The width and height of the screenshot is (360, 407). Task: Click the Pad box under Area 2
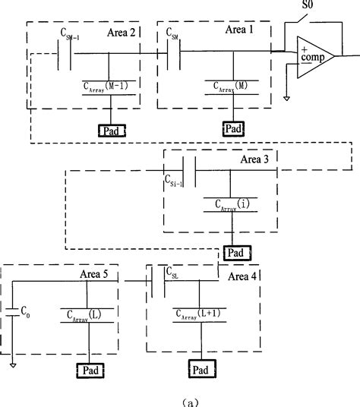click(x=110, y=131)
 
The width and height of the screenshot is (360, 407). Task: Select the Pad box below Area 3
click(x=237, y=252)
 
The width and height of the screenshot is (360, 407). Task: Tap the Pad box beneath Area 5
click(x=90, y=371)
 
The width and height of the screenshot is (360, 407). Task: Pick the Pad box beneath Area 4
click(x=201, y=370)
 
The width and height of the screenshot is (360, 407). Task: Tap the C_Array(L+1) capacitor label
click(x=199, y=312)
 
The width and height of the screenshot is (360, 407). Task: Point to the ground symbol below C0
click(x=13, y=365)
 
